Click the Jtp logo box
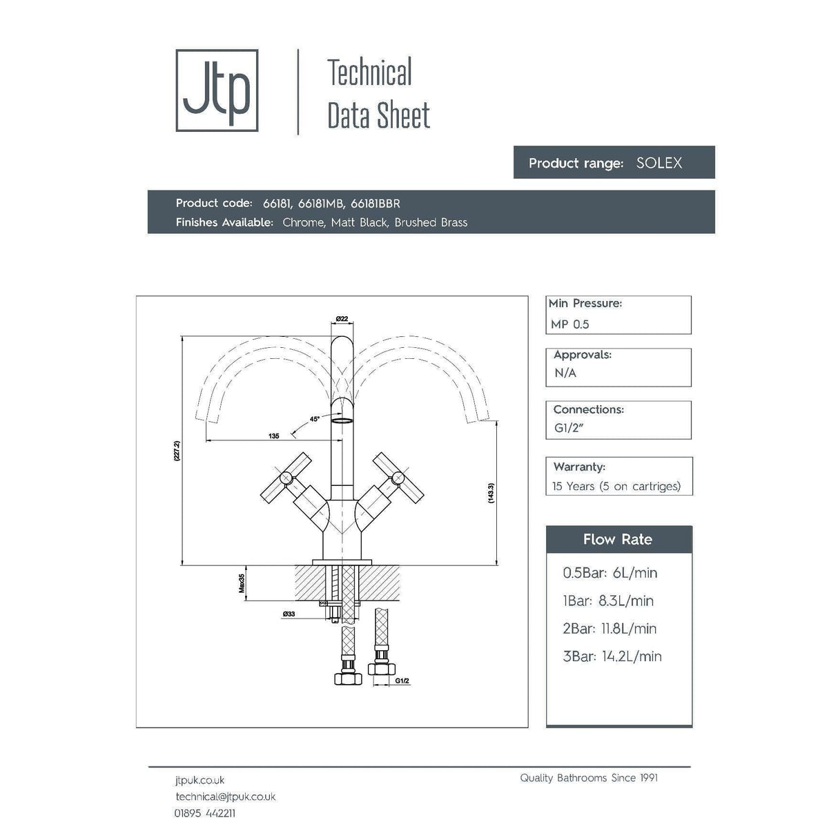click(x=217, y=90)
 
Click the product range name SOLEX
click(x=659, y=163)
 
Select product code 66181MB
click(x=320, y=204)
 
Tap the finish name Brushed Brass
click(x=431, y=222)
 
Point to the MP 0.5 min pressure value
click(x=570, y=324)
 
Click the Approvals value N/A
click(x=565, y=373)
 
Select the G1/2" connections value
click(x=569, y=428)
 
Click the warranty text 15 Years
click(x=573, y=487)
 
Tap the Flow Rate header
click(x=618, y=540)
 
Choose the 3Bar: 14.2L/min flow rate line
click(x=612, y=656)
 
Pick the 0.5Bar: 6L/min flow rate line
click(x=610, y=573)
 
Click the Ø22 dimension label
click(x=342, y=318)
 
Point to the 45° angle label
click(x=315, y=419)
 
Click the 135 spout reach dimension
click(x=274, y=436)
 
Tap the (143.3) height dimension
click(x=491, y=492)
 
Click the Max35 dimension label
click(x=242, y=583)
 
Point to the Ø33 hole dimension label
click(x=289, y=614)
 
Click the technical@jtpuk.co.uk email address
click(x=226, y=797)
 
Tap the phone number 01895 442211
click(x=205, y=813)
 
